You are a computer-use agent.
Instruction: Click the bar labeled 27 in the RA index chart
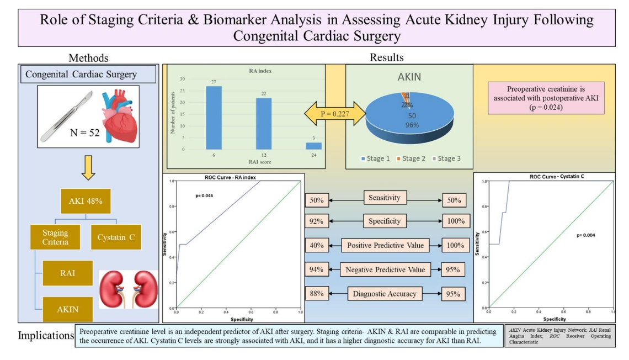(x=214, y=118)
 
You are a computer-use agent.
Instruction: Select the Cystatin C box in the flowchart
(x=116, y=237)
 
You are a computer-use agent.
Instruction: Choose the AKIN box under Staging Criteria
(x=68, y=309)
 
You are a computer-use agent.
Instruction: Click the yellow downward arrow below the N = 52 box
(x=88, y=168)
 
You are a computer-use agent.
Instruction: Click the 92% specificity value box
(x=318, y=221)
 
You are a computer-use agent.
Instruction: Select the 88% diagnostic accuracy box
(x=318, y=294)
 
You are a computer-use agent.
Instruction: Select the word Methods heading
(x=88, y=57)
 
